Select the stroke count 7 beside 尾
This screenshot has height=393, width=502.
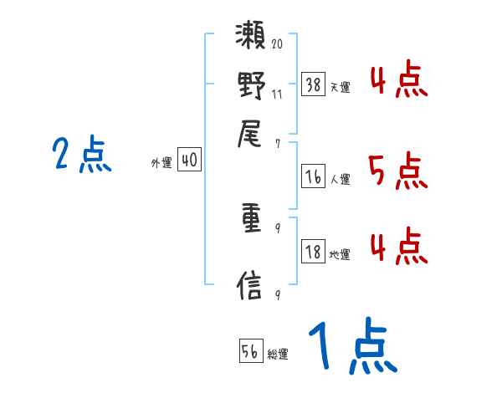click(x=277, y=143)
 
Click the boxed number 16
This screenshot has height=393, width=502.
click(x=313, y=176)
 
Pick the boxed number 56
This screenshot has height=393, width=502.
click(x=250, y=350)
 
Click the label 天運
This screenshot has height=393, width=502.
click(x=340, y=86)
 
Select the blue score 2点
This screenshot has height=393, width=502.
click(x=81, y=156)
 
